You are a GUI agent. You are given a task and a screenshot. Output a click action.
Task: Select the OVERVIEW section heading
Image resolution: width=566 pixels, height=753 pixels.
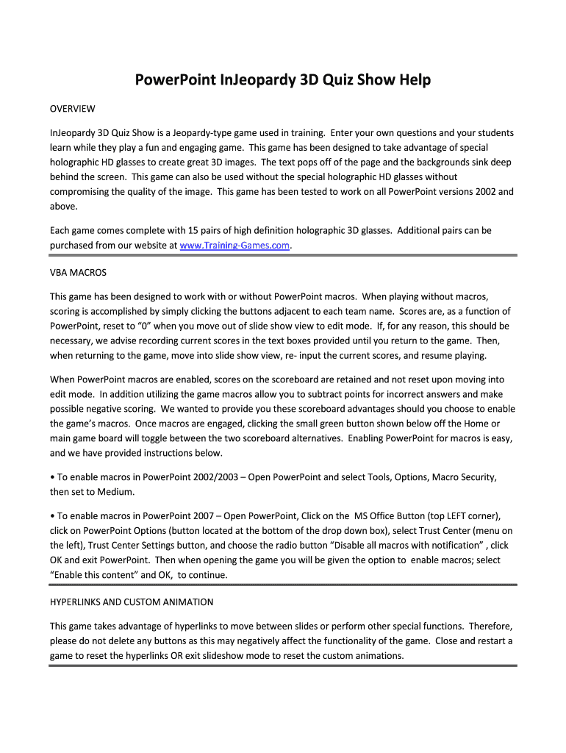point(72,110)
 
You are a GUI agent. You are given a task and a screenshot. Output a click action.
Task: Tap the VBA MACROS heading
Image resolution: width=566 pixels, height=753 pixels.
point(78,273)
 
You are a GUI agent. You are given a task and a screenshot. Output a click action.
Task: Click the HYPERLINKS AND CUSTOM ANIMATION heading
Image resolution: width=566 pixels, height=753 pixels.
point(132,602)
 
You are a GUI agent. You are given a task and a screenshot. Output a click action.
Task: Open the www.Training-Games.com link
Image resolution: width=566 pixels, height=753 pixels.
point(235,246)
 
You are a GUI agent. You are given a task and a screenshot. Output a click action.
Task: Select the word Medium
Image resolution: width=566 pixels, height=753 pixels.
point(117,492)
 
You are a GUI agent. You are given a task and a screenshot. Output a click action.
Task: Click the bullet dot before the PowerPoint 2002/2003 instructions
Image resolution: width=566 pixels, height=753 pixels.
point(52,477)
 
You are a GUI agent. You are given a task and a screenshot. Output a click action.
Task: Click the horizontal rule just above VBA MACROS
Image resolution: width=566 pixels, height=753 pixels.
point(283,256)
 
